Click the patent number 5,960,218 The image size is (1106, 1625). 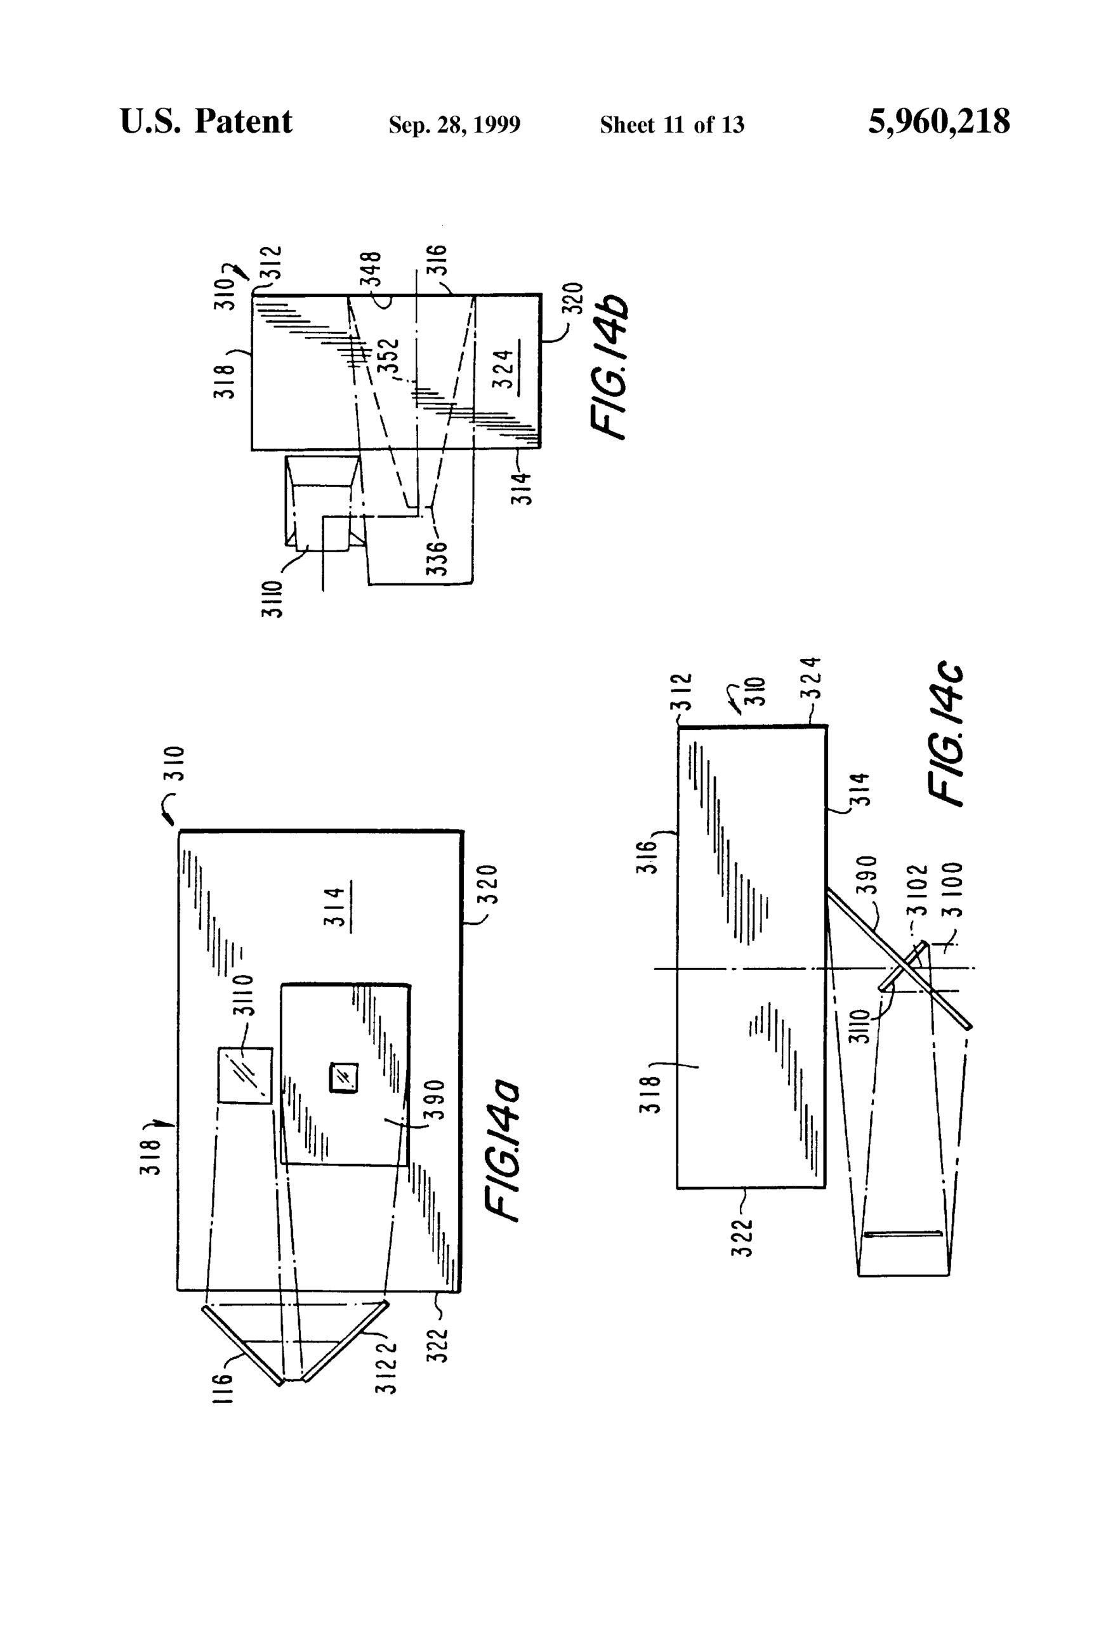pyautogui.click(x=938, y=123)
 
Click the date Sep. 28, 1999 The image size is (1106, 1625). pyautogui.click(x=454, y=125)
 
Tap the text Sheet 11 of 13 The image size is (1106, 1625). pyautogui.click(x=672, y=125)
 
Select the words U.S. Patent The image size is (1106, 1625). pyautogui.click(x=206, y=122)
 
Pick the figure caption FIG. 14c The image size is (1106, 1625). pyautogui.click(x=946, y=734)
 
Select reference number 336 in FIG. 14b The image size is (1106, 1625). pyautogui.click(x=438, y=558)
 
